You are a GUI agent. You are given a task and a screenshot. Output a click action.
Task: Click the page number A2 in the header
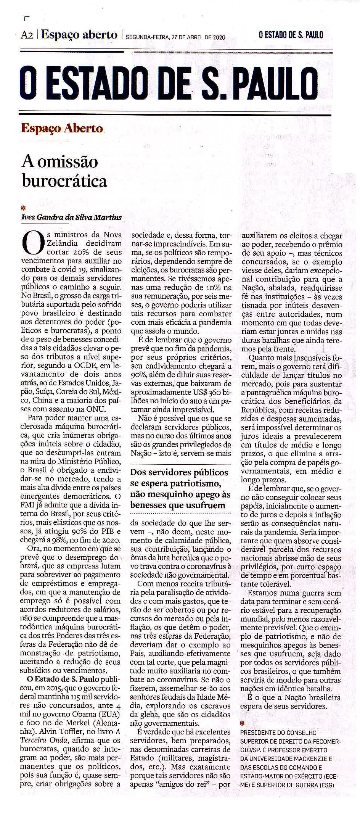(x=27, y=36)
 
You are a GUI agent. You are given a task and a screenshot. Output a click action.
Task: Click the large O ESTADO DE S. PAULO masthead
(x=169, y=84)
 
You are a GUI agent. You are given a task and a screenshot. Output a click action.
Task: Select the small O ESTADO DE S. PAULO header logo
(x=291, y=35)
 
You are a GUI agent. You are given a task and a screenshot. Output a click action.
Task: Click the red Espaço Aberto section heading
(x=62, y=128)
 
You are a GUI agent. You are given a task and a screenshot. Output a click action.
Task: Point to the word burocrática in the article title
(x=64, y=180)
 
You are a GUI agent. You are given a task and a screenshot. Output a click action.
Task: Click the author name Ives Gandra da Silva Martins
(x=71, y=217)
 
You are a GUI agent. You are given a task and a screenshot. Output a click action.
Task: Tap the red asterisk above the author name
(x=24, y=208)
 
